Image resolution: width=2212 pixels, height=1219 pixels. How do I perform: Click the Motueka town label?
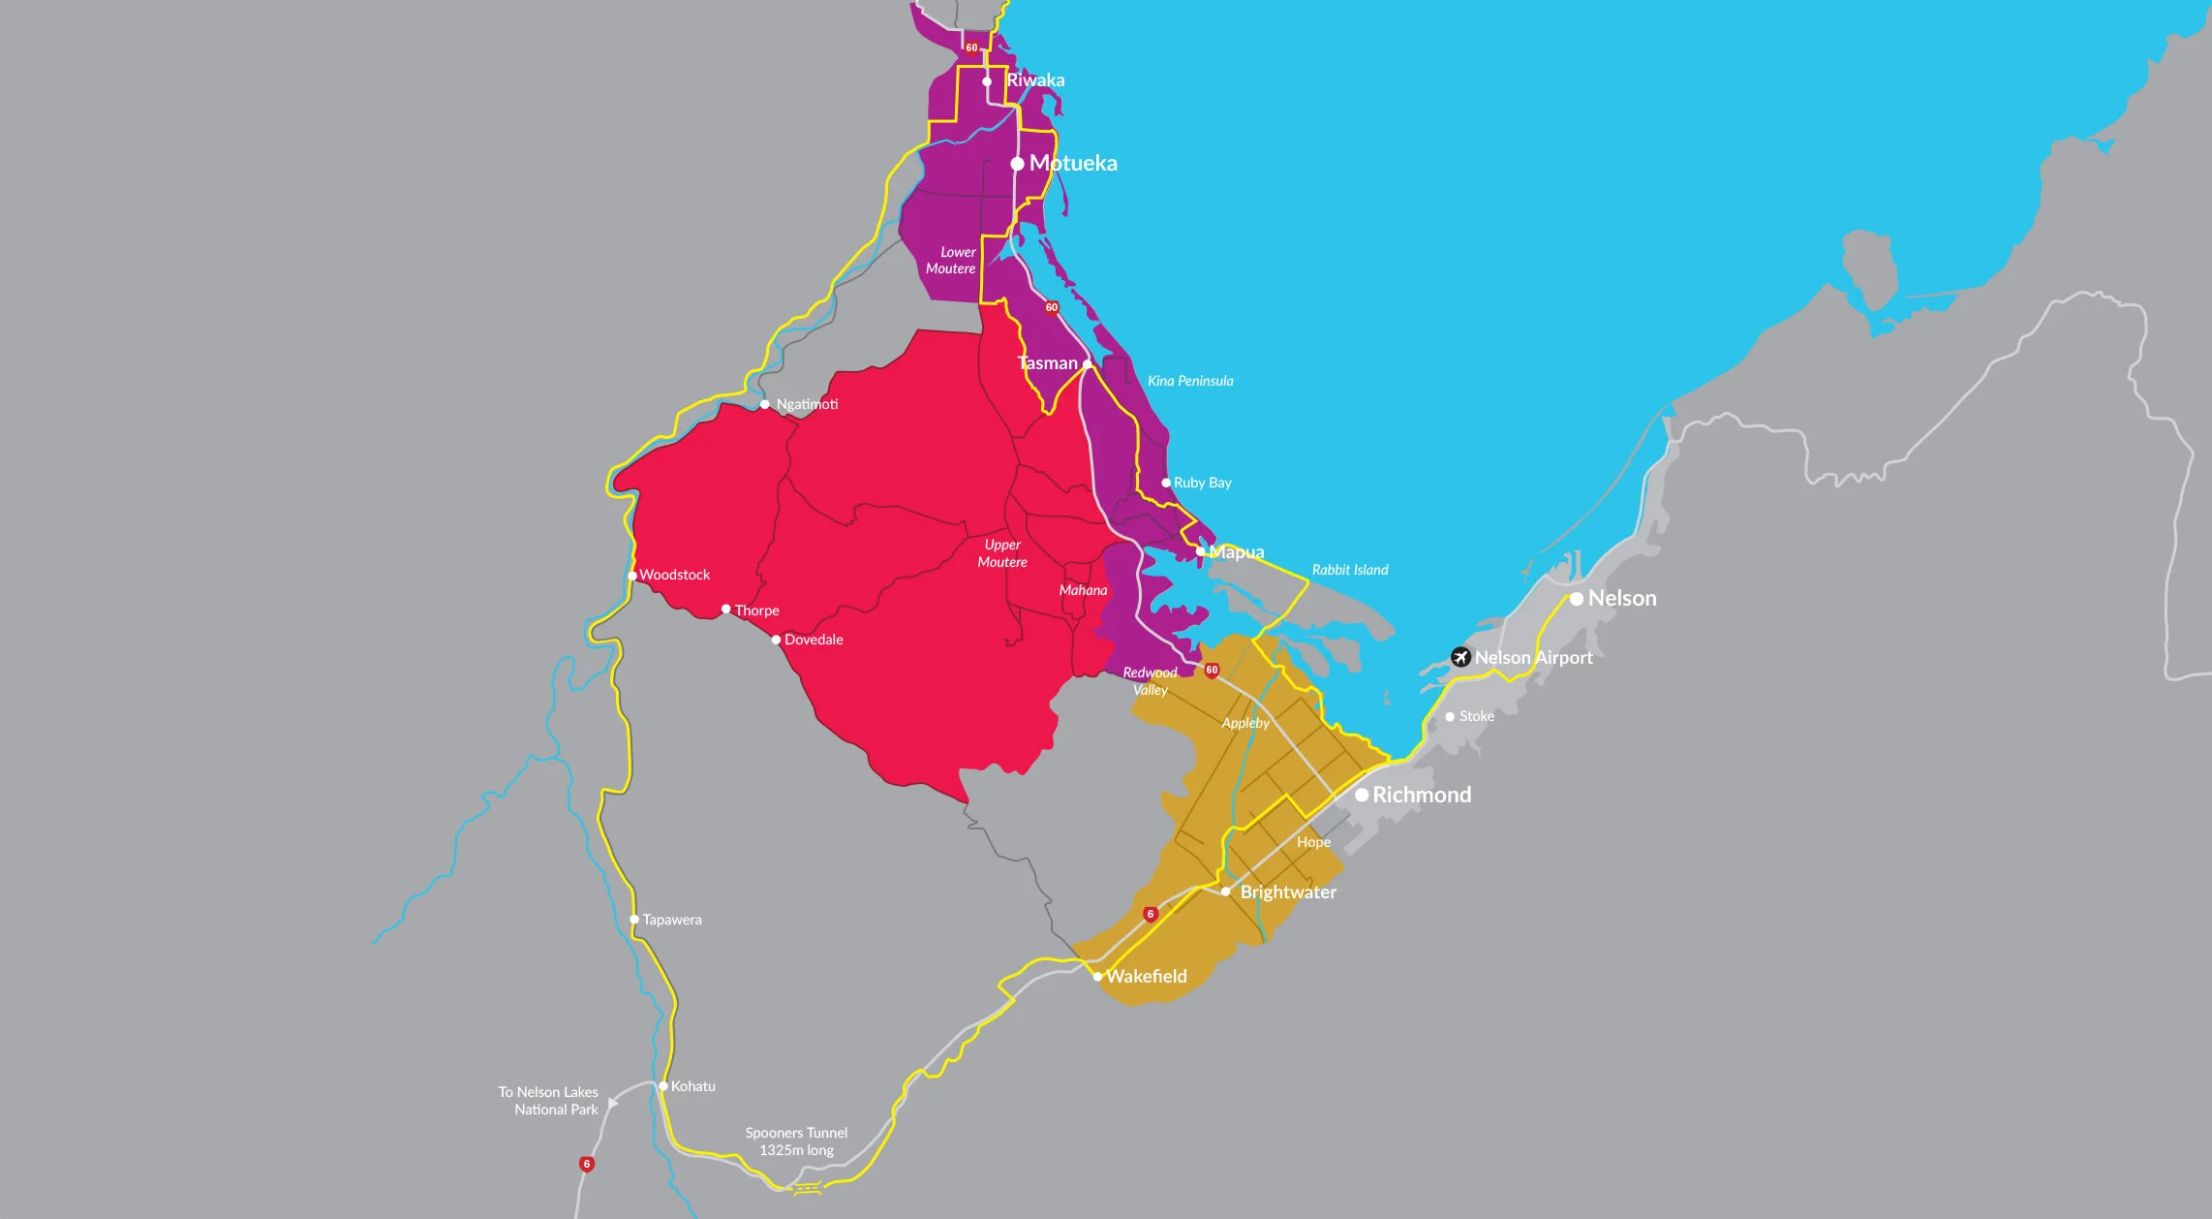point(1073,163)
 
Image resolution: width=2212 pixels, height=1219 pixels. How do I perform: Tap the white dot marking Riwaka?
point(987,81)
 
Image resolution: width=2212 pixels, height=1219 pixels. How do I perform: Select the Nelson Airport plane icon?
point(1460,657)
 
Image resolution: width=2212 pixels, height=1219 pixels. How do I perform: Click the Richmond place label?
point(1422,795)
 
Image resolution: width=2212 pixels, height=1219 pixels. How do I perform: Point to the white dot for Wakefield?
point(1097,977)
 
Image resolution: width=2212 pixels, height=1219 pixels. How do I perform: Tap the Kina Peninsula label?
point(1190,381)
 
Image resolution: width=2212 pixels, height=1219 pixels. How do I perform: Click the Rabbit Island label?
point(1350,570)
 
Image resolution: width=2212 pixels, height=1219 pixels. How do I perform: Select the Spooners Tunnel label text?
point(796,1141)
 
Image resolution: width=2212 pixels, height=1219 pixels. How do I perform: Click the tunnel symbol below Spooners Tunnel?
point(808,1188)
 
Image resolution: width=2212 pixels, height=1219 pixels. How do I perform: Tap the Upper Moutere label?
point(1002,553)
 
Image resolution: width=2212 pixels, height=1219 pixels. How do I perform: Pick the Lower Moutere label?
point(951,260)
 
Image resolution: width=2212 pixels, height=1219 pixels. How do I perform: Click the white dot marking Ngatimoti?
point(765,404)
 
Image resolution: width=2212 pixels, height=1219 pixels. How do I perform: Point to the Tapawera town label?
point(672,920)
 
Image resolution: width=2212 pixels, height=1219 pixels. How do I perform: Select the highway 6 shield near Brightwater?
point(1151,914)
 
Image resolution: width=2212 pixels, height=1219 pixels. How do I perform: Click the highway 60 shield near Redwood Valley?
point(1212,670)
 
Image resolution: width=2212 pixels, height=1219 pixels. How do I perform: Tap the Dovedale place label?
point(814,640)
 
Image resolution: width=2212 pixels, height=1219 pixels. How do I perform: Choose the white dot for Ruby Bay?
point(1166,483)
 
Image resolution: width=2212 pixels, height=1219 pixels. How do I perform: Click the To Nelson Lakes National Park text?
point(548,1100)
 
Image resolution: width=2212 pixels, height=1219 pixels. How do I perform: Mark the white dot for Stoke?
point(1450,717)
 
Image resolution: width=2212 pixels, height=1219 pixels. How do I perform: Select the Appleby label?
point(1245,723)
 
